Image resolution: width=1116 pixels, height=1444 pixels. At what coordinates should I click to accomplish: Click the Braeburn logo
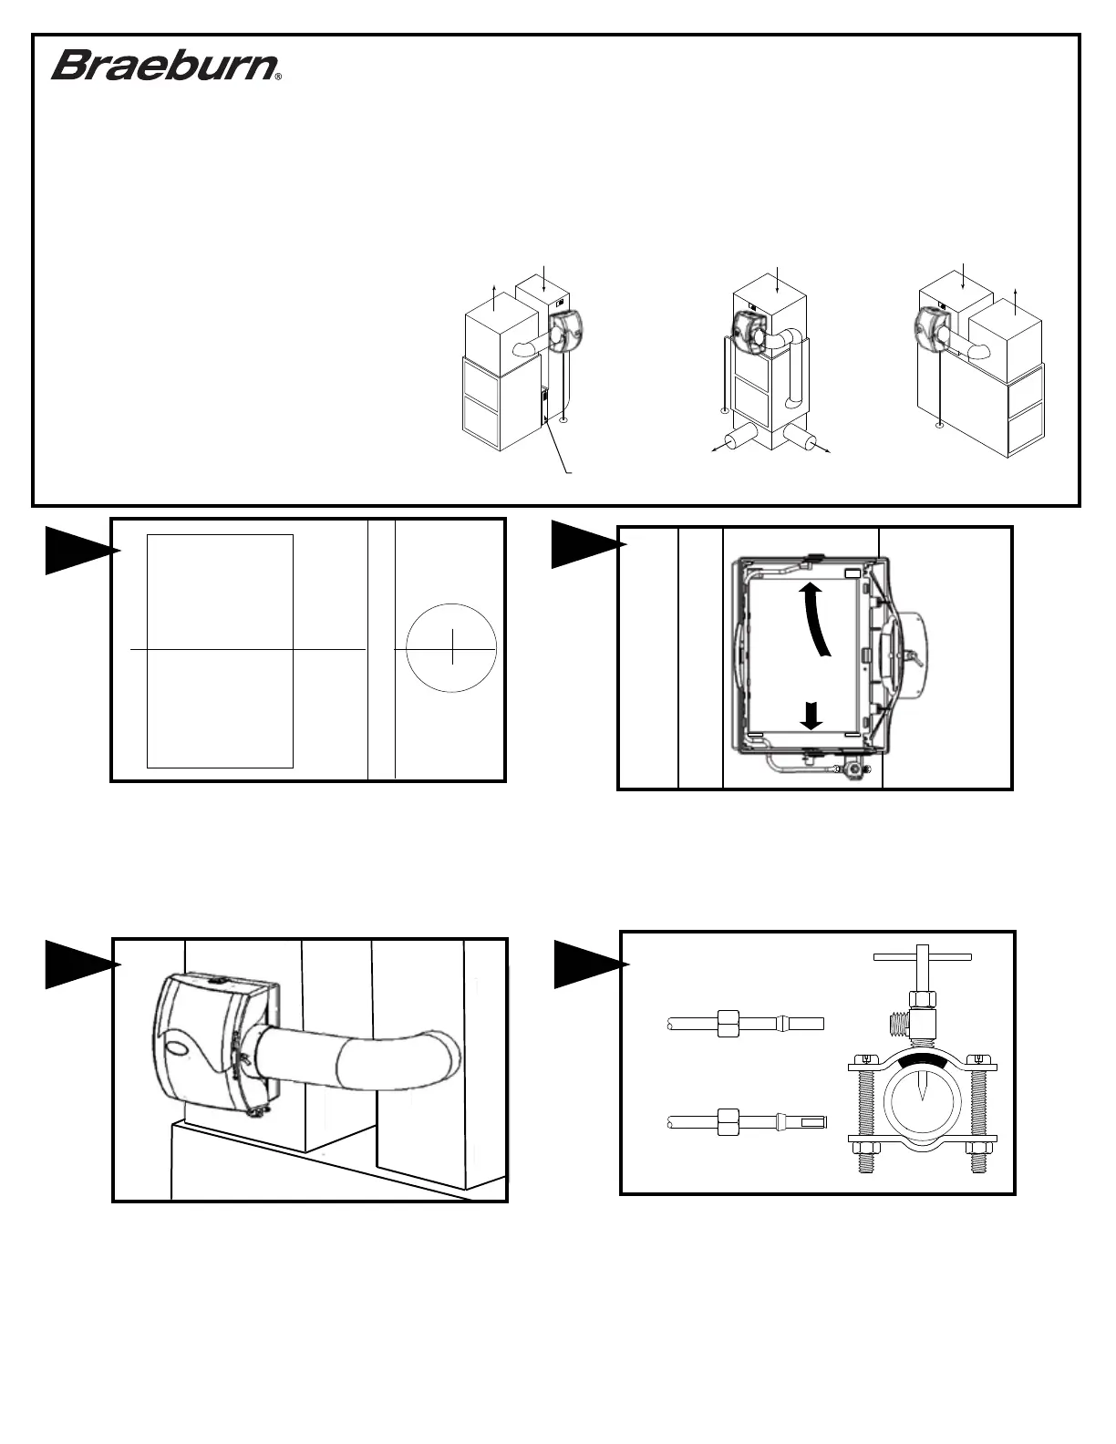pyautogui.click(x=164, y=66)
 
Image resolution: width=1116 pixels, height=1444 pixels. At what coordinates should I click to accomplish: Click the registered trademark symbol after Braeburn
pyautogui.click(x=277, y=77)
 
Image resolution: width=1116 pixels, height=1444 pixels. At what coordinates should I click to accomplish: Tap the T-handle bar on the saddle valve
pyautogui.click(x=923, y=957)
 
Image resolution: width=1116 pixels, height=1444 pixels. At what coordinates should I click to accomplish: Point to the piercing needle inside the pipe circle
pyautogui.click(x=925, y=1088)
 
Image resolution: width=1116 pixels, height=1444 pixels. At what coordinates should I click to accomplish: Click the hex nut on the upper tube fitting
pyautogui.click(x=728, y=1023)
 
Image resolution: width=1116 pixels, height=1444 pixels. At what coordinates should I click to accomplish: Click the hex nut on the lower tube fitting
pyautogui.click(x=728, y=1121)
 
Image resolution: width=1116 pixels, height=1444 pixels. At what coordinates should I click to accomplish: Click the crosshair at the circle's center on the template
pyautogui.click(x=452, y=649)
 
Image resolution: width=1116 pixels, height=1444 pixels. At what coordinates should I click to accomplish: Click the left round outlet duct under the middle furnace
pyautogui.click(x=740, y=438)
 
